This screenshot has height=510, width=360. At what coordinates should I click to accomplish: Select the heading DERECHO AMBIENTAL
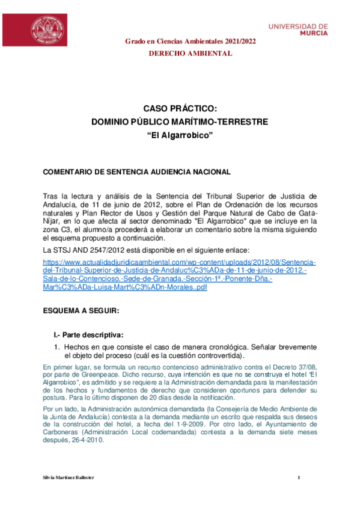(x=191, y=54)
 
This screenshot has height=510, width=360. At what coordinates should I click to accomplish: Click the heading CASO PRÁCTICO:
(x=180, y=108)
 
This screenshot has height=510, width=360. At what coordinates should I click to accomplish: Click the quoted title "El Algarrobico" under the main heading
(x=180, y=135)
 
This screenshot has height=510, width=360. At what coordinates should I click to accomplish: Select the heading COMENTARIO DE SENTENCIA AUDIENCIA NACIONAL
(x=136, y=173)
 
